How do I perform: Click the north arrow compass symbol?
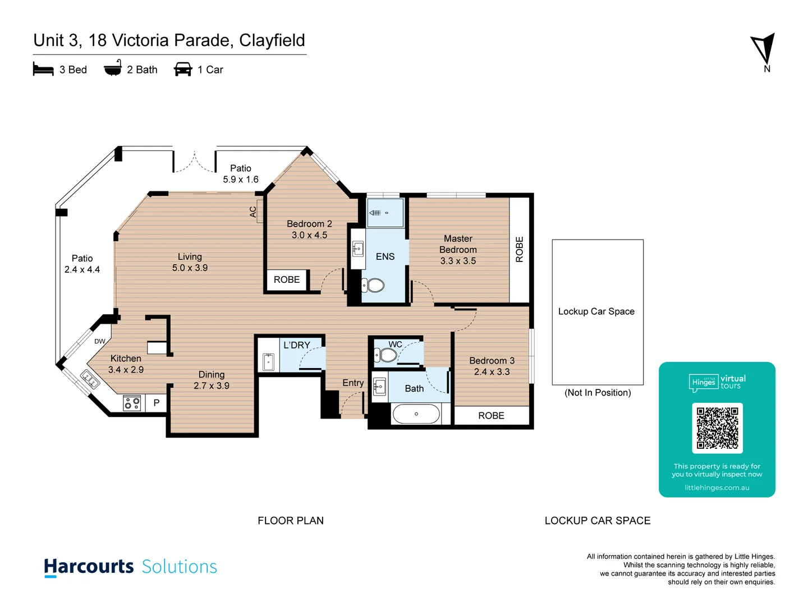pyautogui.click(x=764, y=49)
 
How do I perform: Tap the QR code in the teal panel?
pyautogui.click(x=717, y=428)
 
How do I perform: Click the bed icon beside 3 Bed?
pyautogui.click(x=43, y=70)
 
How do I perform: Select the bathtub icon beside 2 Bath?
pyautogui.click(x=113, y=68)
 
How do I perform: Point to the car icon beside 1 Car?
pyautogui.click(x=183, y=70)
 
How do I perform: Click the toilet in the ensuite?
pyautogui.click(x=373, y=286)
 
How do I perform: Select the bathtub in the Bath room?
pyautogui.click(x=416, y=414)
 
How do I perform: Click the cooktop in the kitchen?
pyautogui.click(x=132, y=403)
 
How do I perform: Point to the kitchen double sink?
pyautogui.click(x=90, y=380)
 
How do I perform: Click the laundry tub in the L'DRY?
pyautogui.click(x=268, y=362)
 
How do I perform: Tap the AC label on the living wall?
pyautogui.click(x=253, y=212)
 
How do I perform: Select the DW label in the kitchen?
pyautogui.click(x=100, y=341)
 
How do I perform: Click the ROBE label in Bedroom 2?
pyautogui.click(x=287, y=279)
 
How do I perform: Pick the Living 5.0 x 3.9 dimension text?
pyautogui.click(x=190, y=268)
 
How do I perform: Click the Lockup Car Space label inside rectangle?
pyautogui.click(x=596, y=311)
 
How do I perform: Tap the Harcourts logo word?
pyautogui.click(x=89, y=567)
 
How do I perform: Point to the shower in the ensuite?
pyautogui.click(x=385, y=213)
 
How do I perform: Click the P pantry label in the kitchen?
pyautogui.click(x=157, y=403)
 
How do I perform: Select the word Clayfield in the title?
pyautogui.click(x=272, y=40)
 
